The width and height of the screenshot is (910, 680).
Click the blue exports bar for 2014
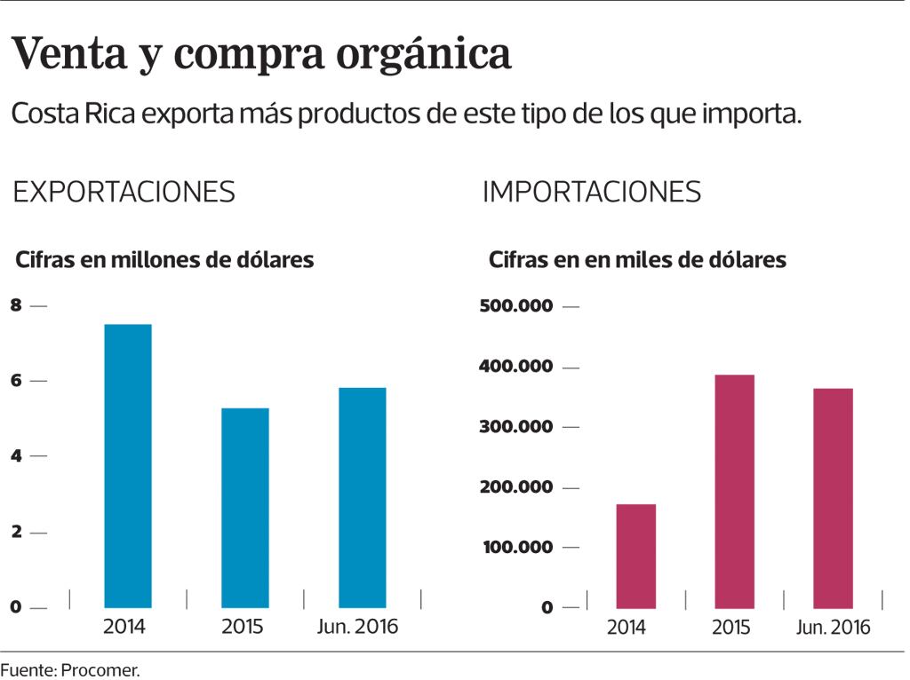click(x=128, y=466)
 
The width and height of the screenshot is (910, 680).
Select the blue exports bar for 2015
click(x=245, y=508)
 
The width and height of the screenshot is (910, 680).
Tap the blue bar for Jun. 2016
click(x=363, y=497)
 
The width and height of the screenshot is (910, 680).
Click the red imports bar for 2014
click(x=636, y=556)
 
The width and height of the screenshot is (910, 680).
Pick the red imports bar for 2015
click(x=735, y=491)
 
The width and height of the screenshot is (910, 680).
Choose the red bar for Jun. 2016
click(x=834, y=498)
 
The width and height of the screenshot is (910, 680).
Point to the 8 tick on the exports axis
click(x=15, y=305)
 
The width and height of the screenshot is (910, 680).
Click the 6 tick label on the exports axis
click(x=15, y=381)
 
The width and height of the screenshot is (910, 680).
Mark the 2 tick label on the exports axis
click(x=15, y=532)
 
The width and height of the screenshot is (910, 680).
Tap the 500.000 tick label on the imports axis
click(x=516, y=306)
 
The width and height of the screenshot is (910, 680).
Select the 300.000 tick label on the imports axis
click(x=516, y=427)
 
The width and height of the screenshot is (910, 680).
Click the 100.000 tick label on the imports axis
click(x=516, y=547)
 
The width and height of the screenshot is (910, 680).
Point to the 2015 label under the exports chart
click(x=243, y=627)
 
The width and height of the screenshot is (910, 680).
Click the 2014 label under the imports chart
click(x=627, y=628)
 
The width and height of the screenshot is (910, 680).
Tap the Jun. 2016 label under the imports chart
click(x=834, y=628)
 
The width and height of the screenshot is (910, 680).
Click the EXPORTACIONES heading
click(x=124, y=193)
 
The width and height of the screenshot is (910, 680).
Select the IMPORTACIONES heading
click(x=592, y=193)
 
